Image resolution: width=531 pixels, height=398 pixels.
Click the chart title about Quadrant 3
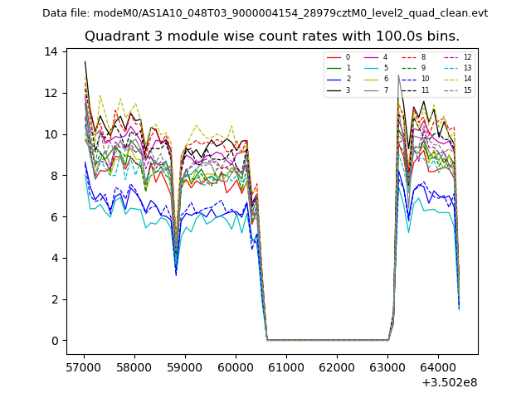[271, 36]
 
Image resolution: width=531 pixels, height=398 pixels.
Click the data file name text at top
[265, 13]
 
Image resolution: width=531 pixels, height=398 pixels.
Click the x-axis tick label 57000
[84, 365]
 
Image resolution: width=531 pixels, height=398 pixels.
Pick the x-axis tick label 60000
[236, 365]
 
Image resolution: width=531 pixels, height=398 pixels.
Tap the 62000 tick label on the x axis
[337, 365]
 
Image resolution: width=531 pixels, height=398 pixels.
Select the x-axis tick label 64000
[438, 365]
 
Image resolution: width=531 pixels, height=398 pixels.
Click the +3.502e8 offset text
[449, 382]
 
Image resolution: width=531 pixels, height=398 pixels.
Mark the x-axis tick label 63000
[387, 365]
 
